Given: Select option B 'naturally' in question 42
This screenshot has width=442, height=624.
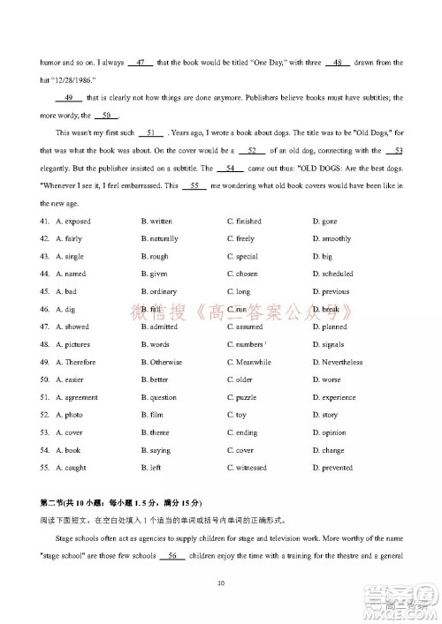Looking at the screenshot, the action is [x=159, y=238].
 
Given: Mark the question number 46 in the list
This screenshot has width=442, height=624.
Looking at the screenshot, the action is [x=43, y=309].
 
